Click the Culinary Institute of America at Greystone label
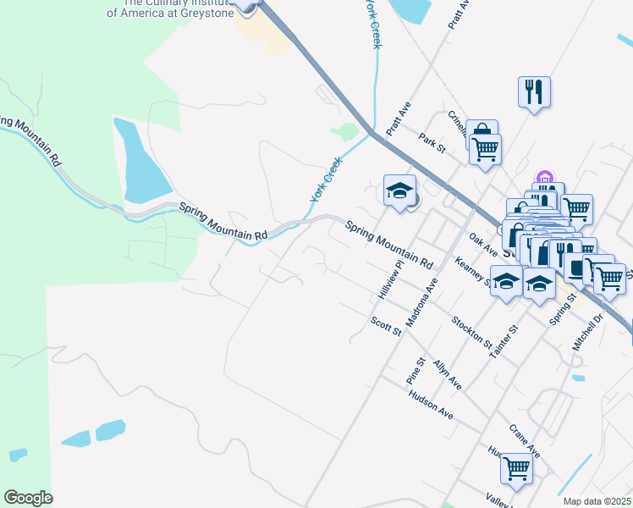click(168, 8)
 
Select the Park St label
click(432, 141)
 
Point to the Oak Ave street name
click(483, 245)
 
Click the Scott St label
click(386, 325)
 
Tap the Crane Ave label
click(525, 440)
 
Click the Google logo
click(28, 498)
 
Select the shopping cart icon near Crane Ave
click(515, 467)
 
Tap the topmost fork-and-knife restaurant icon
click(534, 91)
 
